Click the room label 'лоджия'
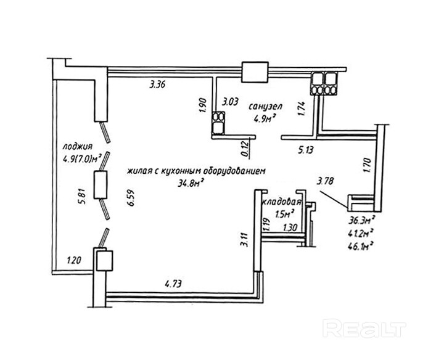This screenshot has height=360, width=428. (78, 147)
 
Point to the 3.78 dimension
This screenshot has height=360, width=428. (327, 181)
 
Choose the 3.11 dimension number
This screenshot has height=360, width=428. (245, 237)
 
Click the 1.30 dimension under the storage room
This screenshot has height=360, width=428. (290, 228)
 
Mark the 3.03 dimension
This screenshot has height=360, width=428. (231, 101)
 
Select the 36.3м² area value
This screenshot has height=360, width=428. (361, 220)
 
